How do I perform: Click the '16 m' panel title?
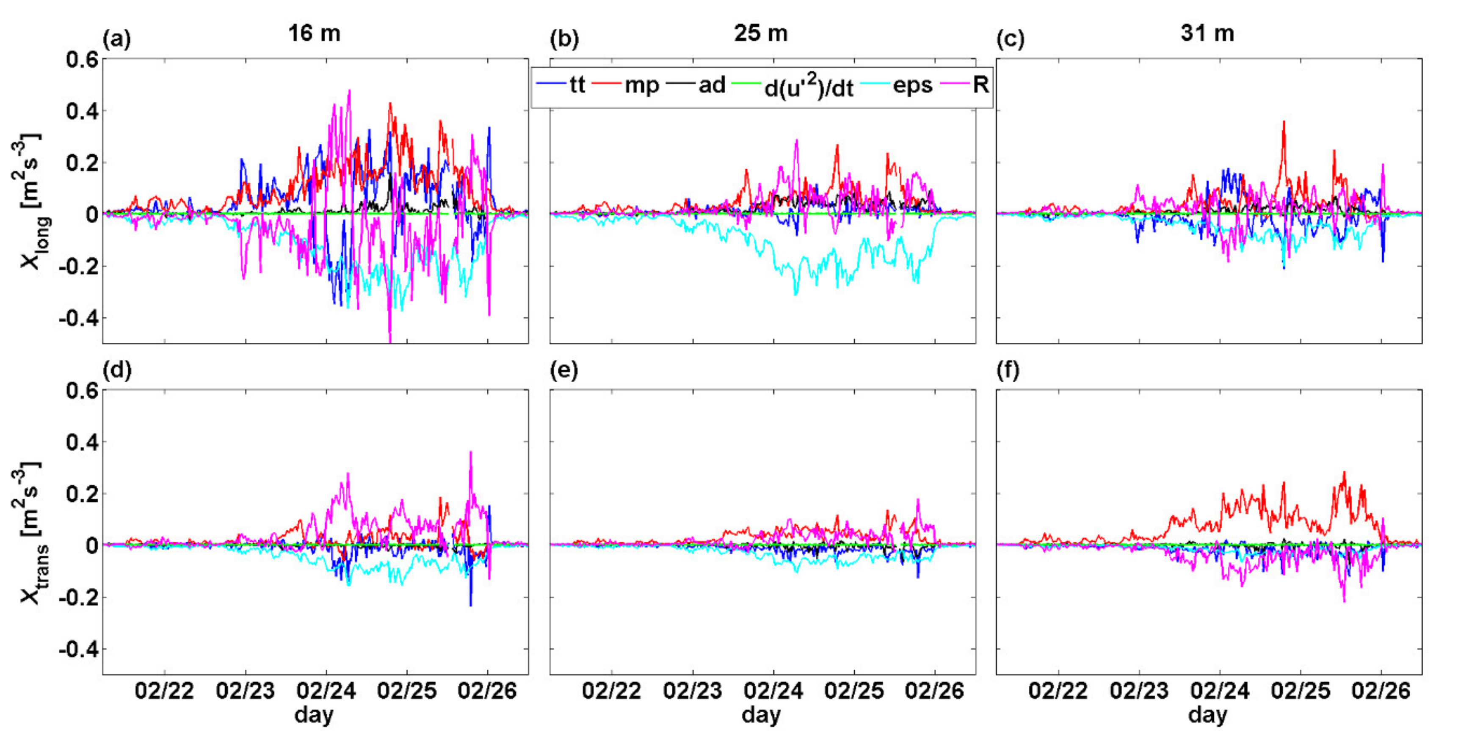(314, 33)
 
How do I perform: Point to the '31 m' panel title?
(1207, 33)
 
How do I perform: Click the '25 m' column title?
(761, 33)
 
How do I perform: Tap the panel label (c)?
(1010, 40)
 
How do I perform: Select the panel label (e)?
(564, 371)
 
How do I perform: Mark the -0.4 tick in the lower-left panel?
(78, 649)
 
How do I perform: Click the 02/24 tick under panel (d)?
(326, 691)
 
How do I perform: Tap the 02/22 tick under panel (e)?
(611, 691)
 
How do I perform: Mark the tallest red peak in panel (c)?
(1284, 122)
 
